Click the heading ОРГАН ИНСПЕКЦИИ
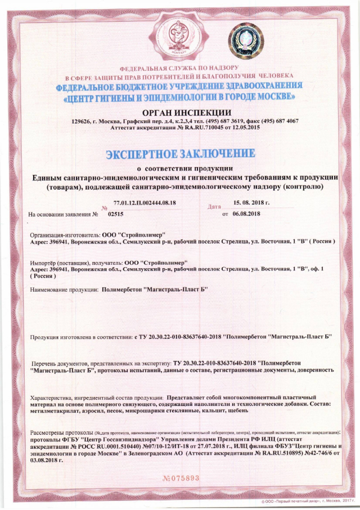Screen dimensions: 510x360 point(183,111)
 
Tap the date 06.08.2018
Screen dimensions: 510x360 point(246,214)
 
